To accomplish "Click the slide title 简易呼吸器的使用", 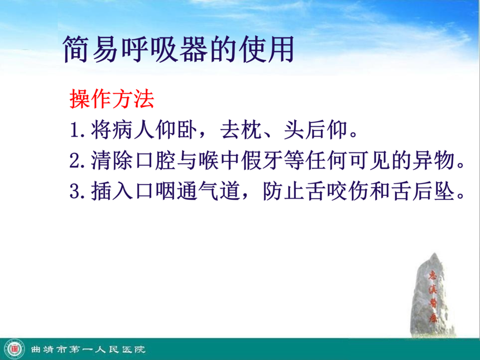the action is coord(179,49).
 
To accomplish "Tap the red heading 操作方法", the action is coord(112,99).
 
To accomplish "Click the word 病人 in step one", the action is coord(133,130).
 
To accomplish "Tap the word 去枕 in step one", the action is coord(241,130).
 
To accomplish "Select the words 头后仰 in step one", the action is coord(316,130).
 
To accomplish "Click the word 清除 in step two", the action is coord(112,160).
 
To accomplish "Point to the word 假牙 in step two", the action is coord(262,160).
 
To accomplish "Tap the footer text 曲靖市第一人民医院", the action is coord(88,349).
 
